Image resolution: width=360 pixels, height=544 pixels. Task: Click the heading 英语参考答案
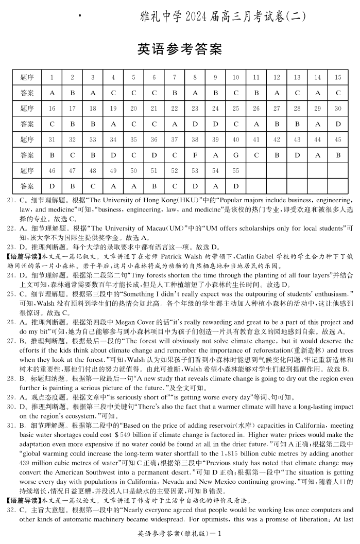point(180,49)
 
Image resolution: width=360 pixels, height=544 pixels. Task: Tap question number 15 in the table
point(338,77)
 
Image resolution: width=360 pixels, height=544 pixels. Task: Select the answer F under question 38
point(195,155)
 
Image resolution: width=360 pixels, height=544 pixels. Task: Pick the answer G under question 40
point(235,155)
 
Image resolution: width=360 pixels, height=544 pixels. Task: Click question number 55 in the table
point(235,170)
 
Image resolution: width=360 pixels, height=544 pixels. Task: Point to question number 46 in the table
point(52,170)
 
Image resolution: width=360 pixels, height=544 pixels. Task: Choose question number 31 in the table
point(52,139)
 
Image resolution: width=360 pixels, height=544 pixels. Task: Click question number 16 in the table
point(52,109)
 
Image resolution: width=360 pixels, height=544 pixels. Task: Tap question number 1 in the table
point(52,77)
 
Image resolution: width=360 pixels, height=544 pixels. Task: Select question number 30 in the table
point(338,109)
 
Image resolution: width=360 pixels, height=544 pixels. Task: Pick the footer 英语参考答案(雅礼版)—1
point(180,534)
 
